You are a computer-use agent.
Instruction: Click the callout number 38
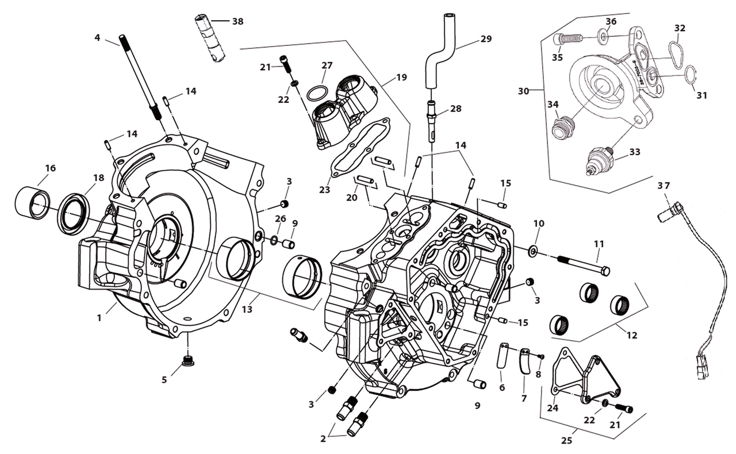237,21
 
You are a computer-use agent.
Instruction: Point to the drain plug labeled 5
187,361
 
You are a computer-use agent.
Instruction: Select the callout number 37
664,186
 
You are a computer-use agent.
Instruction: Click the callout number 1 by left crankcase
99,317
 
